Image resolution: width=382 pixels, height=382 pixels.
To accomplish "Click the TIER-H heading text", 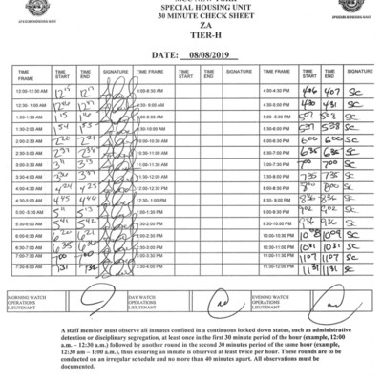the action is click(x=191, y=40).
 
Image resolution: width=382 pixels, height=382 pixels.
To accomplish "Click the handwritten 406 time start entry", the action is click(x=308, y=89).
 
